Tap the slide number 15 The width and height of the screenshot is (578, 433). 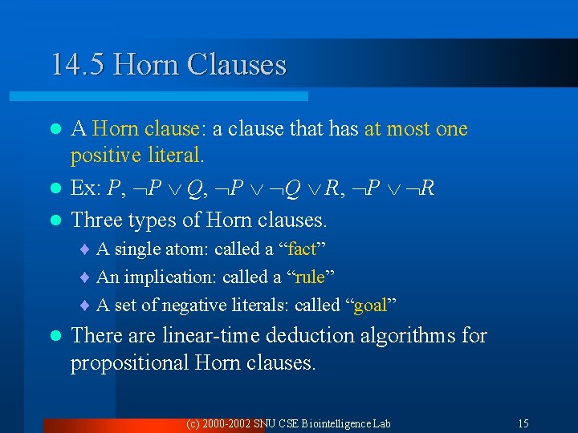click(x=523, y=423)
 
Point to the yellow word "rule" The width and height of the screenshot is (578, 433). click(x=310, y=277)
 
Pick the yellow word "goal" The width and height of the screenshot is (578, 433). click(x=371, y=305)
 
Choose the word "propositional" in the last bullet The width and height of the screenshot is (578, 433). click(x=129, y=363)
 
